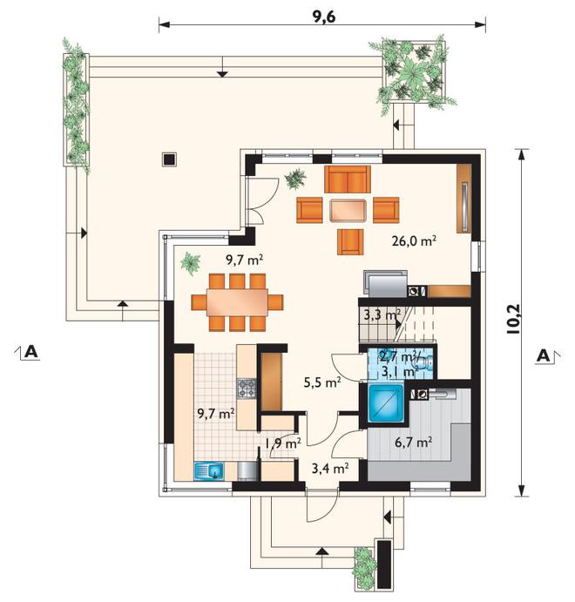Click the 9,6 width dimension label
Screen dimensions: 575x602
(324, 17)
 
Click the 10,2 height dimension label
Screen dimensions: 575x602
(513, 319)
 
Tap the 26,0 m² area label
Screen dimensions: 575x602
(414, 240)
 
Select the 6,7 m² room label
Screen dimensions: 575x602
(414, 443)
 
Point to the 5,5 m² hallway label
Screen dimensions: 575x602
(322, 382)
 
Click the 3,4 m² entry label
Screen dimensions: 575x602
(330, 469)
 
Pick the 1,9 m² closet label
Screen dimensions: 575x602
(283, 443)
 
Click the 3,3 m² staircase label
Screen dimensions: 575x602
(382, 315)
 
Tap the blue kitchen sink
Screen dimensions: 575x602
(209, 470)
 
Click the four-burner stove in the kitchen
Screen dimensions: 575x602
(247, 389)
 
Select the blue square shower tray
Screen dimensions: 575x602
(386, 402)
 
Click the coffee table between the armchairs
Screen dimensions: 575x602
(348, 210)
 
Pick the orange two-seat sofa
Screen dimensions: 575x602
(348, 179)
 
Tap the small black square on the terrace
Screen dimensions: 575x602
(169, 159)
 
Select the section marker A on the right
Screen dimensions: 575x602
(547, 355)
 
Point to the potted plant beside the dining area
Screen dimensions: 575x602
(191, 263)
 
